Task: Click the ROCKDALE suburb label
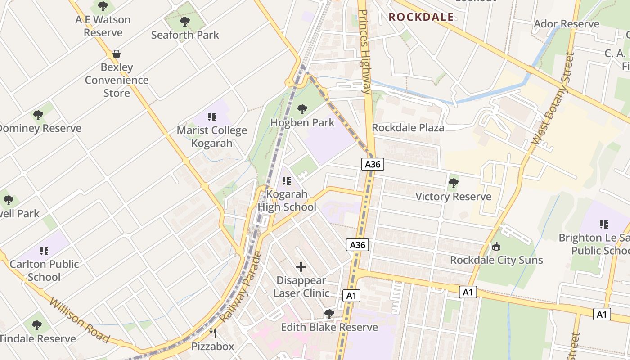(x=421, y=17)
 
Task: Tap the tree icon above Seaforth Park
(x=184, y=21)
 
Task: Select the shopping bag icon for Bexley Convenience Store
(x=117, y=54)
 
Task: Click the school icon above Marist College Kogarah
(x=212, y=117)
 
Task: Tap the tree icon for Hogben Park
(x=302, y=109)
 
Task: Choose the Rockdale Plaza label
(x=408, y=128)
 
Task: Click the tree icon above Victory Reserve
(x=453, y=183)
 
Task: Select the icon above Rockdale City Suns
(x=496, y=246)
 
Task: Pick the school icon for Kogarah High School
(x=287, y=181)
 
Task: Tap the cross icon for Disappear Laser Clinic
(x=301, y=267)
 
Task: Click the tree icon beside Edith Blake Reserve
(x=329, y=314)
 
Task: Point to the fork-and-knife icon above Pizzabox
(x=213, y=333)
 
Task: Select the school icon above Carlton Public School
(x=44, y=251)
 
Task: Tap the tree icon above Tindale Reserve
(x=37, y=325)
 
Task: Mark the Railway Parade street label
(x=241, y=287)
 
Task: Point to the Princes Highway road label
(x=364, y=52)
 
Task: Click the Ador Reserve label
(x=567, y=23)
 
